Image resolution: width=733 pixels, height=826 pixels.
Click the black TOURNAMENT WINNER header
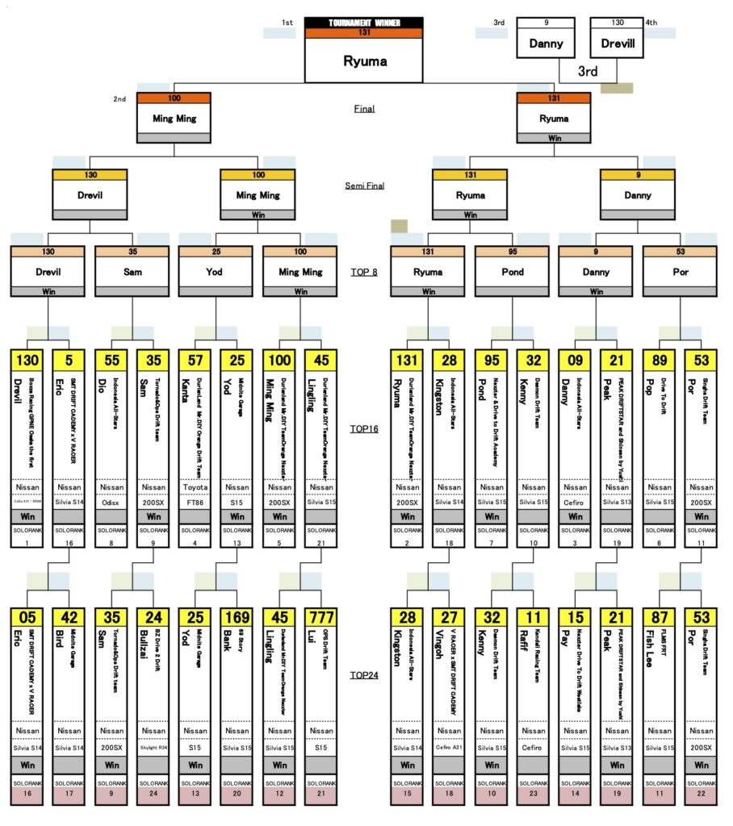point(363,23)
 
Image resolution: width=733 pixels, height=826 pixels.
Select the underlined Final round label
point(364,109)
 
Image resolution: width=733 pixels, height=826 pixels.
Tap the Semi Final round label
point(364,186)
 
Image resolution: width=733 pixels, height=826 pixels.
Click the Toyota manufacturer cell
point(195,487)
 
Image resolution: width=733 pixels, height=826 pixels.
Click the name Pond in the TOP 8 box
point(512,272)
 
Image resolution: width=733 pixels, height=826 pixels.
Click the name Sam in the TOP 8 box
point(133,272)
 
